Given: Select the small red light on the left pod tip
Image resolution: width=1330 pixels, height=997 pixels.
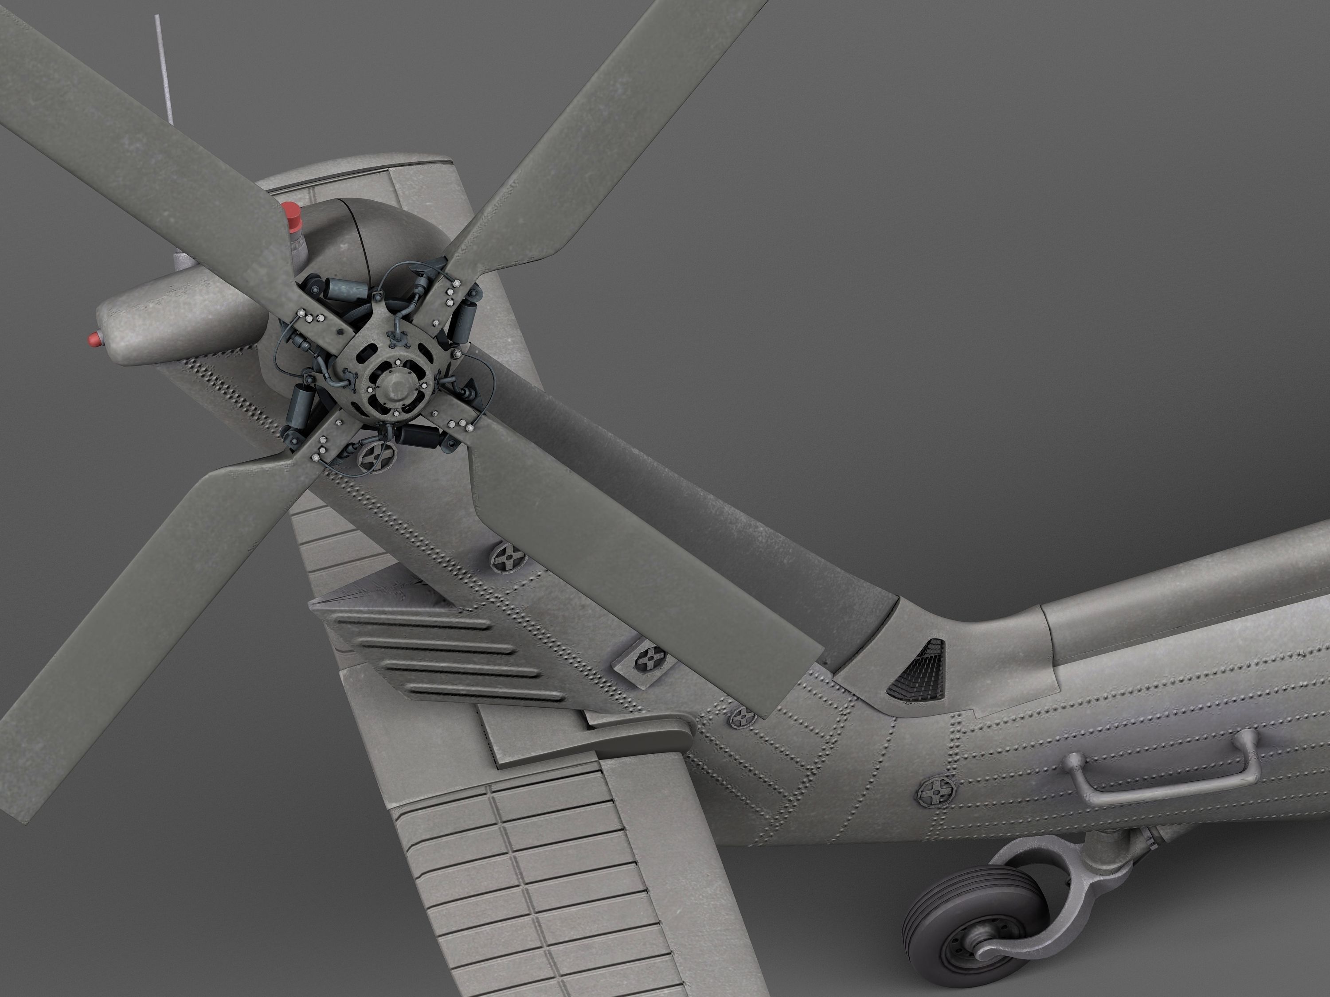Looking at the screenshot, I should click(x=93, y=339).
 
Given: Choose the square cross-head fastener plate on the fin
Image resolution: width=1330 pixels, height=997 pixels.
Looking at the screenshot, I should click(x=647, y=661).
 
